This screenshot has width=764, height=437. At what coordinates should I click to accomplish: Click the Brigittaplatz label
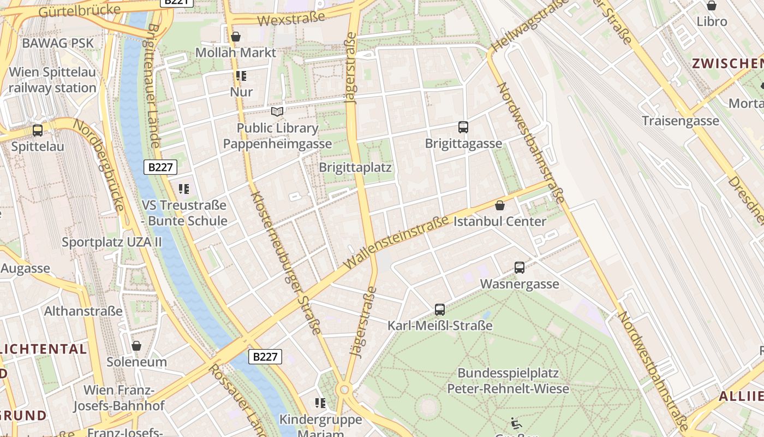coord(355,167)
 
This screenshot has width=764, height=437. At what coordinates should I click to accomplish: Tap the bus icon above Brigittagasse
coord(463,127)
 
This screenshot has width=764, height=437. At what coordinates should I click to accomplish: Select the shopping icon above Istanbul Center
coord(500,205)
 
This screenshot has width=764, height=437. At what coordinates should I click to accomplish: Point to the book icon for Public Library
coord(277,111)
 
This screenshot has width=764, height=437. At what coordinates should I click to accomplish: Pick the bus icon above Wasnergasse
coord(520,268)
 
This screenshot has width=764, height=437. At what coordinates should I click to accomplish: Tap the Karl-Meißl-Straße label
coord(440,326)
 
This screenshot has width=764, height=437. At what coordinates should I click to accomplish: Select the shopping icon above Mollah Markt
coord(236,37)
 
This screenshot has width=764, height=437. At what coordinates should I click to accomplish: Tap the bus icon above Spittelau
coord(38,131)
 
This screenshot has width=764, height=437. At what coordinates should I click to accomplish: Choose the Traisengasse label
coord(681,121)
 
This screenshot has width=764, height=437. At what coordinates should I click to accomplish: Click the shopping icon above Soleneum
coord(136,346)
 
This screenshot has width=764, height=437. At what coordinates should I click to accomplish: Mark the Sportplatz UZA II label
coord(112,241)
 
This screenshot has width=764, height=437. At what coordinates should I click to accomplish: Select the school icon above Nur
coord(241,75)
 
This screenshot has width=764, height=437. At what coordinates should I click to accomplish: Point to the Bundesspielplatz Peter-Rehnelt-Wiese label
coord(508,381)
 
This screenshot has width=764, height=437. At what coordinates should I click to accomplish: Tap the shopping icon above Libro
coord(712,5)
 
